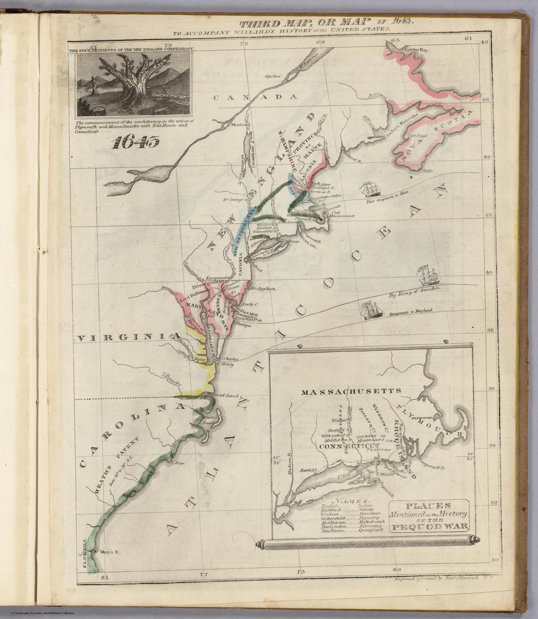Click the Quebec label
click(273, 76)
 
